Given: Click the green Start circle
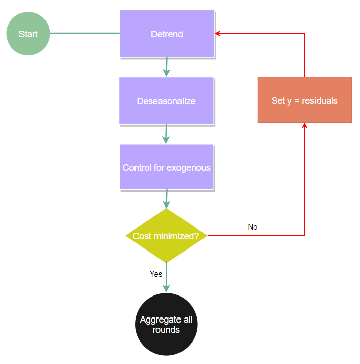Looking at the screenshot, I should [x=28, y=34].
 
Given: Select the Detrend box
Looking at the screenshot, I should [x=167, y=34].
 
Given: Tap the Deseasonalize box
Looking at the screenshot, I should [x=166, y=101].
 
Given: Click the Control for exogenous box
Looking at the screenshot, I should [x=166, y=167].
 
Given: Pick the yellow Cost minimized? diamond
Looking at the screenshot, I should [x=166, y=236].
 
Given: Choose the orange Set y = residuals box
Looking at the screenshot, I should [x=304, y=100].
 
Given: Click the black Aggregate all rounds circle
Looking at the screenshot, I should [x=166, y=324].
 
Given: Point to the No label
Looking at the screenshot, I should [x=253, y=226].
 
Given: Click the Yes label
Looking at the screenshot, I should [x=156, y=274].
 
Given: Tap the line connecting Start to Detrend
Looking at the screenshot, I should [x=84, y=34].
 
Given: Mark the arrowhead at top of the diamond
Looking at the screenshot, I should [x=166, y=204].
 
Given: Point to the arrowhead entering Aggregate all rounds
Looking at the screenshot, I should [x=166, y=288].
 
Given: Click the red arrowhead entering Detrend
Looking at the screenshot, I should [x=218, y=34].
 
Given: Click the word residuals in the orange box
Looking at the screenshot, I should [x=320, y=101].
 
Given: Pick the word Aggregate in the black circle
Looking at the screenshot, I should [x=161, y=320].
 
